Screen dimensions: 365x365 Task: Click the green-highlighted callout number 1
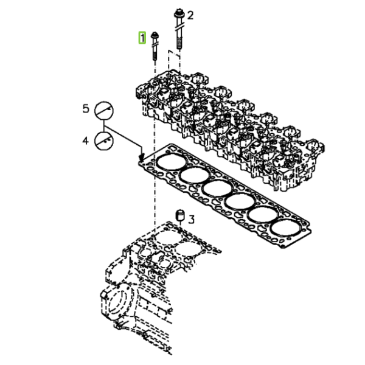click(x=142, y=38)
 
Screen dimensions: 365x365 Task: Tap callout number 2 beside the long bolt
click(x=190, y=16)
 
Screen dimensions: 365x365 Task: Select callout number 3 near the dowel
click(x=191, y=219)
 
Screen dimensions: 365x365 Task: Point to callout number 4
click(x=86, y=141)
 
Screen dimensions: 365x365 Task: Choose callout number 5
click(x=86, y=109)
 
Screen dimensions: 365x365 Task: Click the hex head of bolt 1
click(x=155, y=35)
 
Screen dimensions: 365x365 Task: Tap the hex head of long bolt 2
click(x=179, y=13)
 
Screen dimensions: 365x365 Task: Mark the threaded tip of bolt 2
click(x=179, y=44)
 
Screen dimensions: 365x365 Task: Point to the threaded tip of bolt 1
click(x=155, y=57)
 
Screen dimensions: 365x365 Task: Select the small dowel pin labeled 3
click(x=179, y=215)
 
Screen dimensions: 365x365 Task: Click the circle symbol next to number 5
click(x=104, y=111)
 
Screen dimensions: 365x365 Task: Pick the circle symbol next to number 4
click(x=104, y=141)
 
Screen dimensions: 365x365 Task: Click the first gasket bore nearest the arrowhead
click(x=172, y=162)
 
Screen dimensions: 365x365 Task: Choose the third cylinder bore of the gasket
click(x=217, y=188)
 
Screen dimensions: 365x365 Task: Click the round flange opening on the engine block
click(x=119, y=302)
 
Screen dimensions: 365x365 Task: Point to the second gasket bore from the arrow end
click(x=195, y=175)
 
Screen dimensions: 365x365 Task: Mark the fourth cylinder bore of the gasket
click(x=240, y=201)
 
